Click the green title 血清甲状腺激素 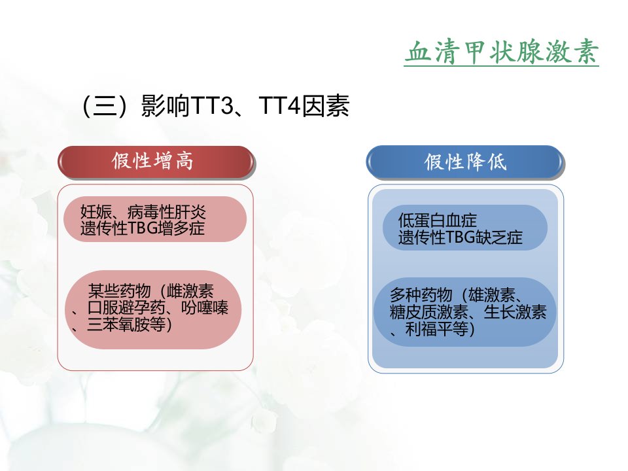[502, 52]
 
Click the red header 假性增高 [152, 161]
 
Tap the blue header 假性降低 [465, 162]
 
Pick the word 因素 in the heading [325, 106]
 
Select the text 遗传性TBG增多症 [143, 228]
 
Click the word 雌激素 [190, 290]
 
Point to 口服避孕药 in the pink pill [126, 307]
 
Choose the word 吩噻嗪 [205, 307]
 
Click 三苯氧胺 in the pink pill [118, 324]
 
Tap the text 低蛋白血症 [438, 220]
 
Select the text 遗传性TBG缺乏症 [460, 237]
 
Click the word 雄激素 [491, 296]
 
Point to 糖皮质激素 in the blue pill [429, 313]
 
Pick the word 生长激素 [515, 313]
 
